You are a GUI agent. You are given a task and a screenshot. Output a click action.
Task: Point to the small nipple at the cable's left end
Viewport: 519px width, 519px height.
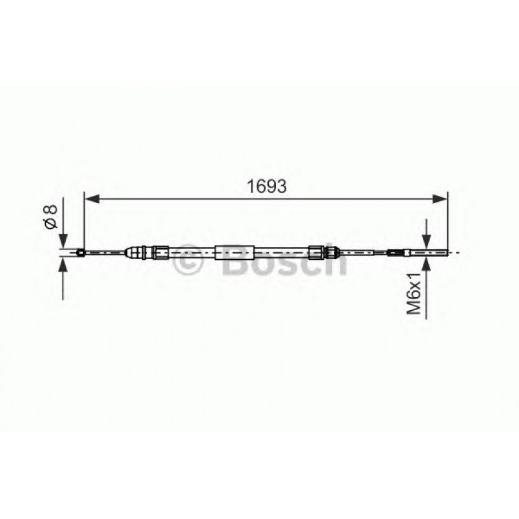pos(81,252)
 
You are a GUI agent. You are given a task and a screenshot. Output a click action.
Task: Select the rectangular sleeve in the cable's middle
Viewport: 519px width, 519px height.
pos(235,252)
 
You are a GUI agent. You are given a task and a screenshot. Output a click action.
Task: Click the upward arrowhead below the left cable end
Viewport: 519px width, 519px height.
pos(63,266)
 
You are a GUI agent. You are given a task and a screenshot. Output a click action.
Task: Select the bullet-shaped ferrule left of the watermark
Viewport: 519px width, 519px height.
pos(139,252)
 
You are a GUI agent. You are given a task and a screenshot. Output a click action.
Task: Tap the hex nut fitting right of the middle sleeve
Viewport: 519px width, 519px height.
pos(317,252)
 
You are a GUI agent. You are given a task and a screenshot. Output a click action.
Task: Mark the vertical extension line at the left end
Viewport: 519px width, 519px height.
pos(84,219)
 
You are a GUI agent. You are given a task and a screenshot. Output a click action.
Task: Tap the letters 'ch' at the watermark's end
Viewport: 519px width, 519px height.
pos(329,261)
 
